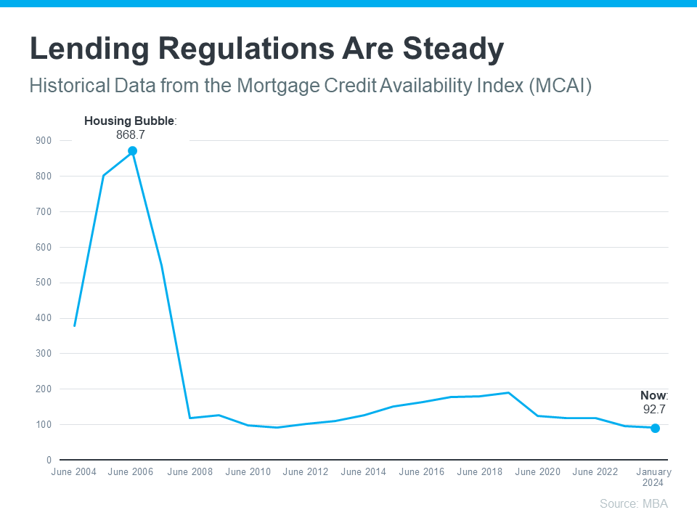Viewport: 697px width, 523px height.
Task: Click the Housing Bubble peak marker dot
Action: (132, 151)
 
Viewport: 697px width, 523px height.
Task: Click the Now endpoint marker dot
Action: (655, 429)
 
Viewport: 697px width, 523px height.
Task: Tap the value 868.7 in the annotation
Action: (131, 134)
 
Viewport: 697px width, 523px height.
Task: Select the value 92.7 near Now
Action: (653, 409)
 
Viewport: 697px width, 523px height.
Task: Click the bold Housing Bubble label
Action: (129, 121)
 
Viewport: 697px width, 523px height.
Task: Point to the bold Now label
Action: (653, 396)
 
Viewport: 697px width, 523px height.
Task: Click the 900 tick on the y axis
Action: (44, 140)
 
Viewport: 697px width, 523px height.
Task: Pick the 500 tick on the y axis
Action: (44, 283)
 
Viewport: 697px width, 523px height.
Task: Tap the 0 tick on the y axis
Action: (49, 460)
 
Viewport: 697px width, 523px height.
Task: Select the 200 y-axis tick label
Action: (44, 389)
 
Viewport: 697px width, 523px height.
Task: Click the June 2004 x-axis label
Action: (74, 472)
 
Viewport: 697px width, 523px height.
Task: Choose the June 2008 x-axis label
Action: (190, 472)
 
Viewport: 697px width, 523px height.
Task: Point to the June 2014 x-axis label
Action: (363, 472)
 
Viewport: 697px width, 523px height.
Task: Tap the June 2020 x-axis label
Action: (537, 472)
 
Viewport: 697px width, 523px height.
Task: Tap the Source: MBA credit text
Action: (633, 503)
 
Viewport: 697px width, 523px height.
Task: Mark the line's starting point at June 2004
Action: (75, 325)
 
